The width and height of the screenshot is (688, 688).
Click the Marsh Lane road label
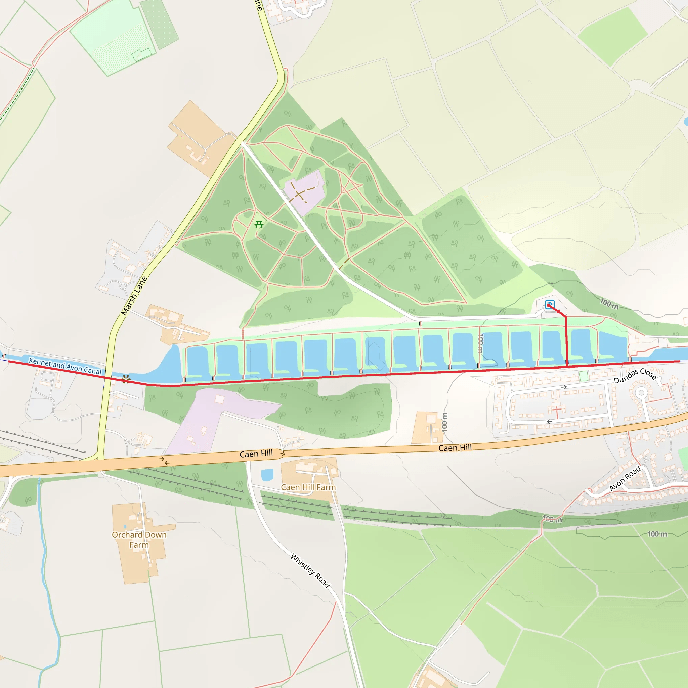[x=134, y=296]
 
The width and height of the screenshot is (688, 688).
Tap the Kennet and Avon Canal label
[x=65, y=366]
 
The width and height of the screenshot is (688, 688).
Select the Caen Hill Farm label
[x=308, y=487]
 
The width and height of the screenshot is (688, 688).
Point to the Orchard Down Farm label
[x=139, y=540]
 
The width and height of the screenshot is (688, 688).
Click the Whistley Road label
[x=310, y=570]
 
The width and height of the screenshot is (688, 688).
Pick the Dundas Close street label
[x=635, y=376]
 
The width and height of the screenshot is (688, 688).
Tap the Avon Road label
[x=625, y=478]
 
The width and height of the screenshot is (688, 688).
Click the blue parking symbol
[x=550, y=305]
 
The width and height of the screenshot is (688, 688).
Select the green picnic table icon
[x=259, y=224]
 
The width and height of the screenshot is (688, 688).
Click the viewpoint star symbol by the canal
[x=126, y=379]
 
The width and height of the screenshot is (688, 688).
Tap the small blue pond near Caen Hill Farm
[x=267, y=475]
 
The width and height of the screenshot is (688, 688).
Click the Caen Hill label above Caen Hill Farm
[x=256, y=454]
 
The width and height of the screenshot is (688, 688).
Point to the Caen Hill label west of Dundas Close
[x=455, y=447]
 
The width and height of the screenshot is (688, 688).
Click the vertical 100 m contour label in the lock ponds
[x=480, y=343]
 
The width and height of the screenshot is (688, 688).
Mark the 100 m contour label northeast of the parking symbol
[x=609, y=304]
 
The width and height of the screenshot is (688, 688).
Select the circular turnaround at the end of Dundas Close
[x=641, y=393]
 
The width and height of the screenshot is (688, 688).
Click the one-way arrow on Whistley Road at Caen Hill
[x=282, y=454]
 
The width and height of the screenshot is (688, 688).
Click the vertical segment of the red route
[x=567, y=342]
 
